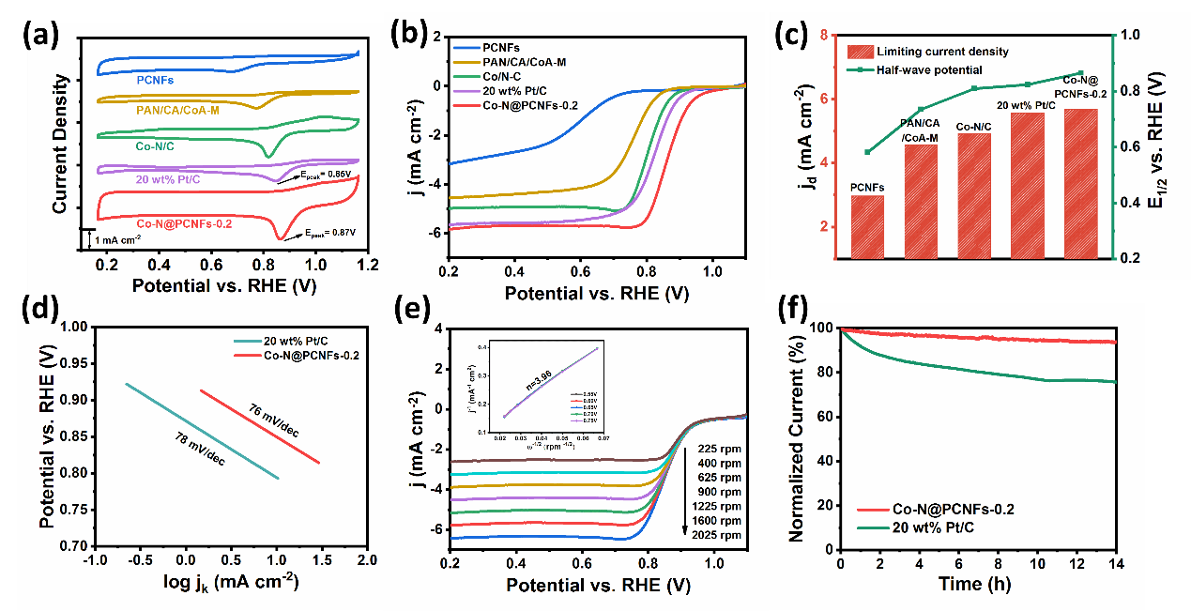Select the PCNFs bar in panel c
pos(868,225)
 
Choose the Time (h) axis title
pos(977,585)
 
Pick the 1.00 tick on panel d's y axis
pos(72,327)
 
